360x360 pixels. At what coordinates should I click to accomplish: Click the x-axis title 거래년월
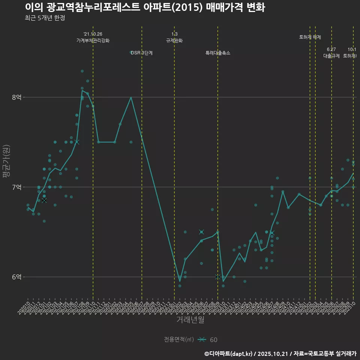(x=190, y=320)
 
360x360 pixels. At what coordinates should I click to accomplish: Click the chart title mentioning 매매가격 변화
(x=145, y=7)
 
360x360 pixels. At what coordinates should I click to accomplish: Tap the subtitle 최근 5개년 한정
(x=45, y=18)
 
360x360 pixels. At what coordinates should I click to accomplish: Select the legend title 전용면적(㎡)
(x=179, y=340)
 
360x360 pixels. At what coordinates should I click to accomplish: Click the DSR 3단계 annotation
(x=142, y=53)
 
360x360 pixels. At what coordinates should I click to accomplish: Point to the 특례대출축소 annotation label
(x=218, y=53)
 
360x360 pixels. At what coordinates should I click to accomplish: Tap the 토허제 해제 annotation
(x=310, y=37)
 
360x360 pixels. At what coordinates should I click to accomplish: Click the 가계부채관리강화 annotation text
(x=93, y=40)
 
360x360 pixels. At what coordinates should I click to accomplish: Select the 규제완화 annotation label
(x=174, y=40)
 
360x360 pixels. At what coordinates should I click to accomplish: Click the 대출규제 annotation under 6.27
(x=331, y=56)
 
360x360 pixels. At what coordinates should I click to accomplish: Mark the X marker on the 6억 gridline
(x=218, y=277)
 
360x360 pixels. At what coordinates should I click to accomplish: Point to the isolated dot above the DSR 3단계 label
(x=131, y=52)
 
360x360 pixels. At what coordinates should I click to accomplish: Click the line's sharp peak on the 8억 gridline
(x=131, y=97)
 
